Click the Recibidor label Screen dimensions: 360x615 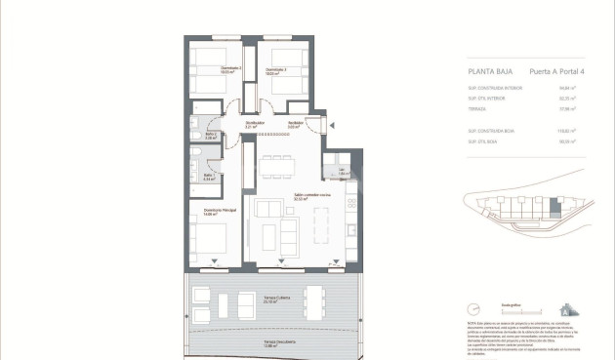pyautogui.click(x=294, y=124)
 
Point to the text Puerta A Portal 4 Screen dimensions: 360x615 pyautogui.click(x=553, y=71)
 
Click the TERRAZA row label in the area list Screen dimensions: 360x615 pyautogui.click(x=477, y=109)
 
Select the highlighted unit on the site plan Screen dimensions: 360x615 pyautogui.click(x=554, y=207)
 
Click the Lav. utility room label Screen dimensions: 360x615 pyautogui.click(x=342, y=171)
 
